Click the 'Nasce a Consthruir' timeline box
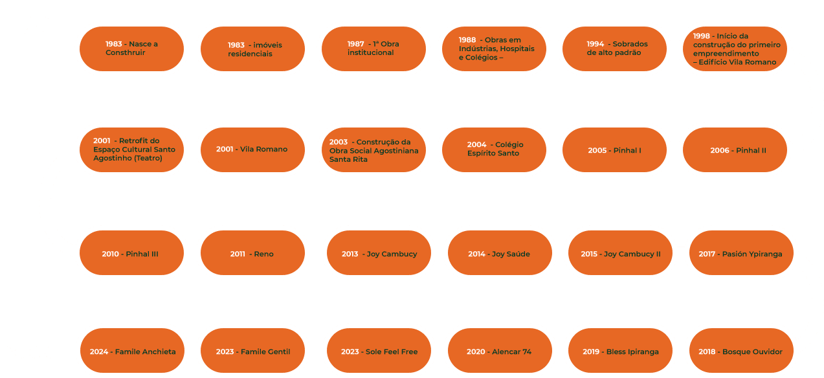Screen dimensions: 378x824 [132, 49]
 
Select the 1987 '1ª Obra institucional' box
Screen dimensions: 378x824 [373, 49]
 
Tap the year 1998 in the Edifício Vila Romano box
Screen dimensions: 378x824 [701, 36]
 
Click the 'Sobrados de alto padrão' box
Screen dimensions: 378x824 [614, 49]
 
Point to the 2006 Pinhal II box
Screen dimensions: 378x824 [738, 150]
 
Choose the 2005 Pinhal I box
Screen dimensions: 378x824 [614, 150]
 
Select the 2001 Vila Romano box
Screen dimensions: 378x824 [252, 150]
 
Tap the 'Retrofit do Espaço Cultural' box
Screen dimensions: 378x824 [132, 150]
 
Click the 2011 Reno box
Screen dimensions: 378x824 [252, 254]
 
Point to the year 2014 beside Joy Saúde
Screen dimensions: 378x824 [476, 254]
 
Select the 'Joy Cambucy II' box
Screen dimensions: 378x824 [619, 254]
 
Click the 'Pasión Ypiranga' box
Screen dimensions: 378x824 [739, 254]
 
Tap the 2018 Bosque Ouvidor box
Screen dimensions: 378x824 [739, 351]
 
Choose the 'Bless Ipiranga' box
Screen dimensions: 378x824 [619, 351]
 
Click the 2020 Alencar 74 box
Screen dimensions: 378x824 [499, 351]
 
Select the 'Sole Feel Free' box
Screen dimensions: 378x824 [379, 351]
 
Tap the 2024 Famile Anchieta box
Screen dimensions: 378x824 [132, 351]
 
